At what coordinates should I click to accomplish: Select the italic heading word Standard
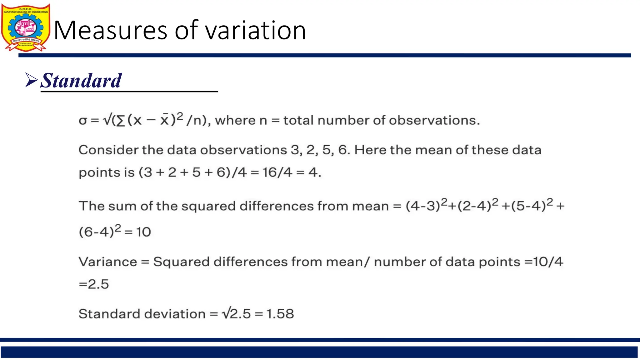coord(81,81)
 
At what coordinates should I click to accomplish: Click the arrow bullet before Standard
coord(31,80)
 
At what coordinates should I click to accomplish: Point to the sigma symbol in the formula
coord(83,121)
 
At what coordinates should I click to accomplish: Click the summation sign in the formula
coord(120,121)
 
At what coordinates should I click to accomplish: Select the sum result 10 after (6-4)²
coord(143,232)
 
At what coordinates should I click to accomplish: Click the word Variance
coord(108,262)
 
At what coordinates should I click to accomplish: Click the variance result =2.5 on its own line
coord(94,284)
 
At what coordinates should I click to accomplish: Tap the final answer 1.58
coord(280,314)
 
